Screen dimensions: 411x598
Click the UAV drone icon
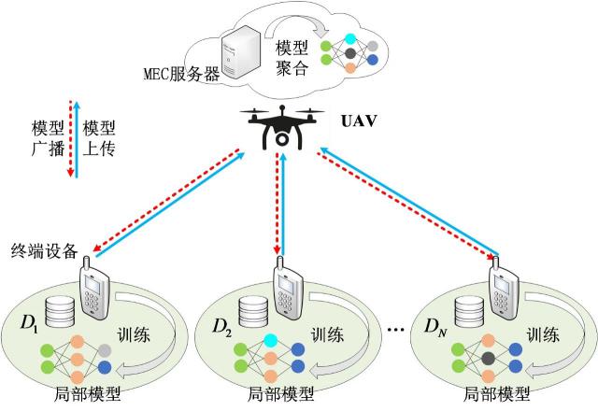[279, 126]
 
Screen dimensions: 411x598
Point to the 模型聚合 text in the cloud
[292, 58]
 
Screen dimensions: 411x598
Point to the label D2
[221, 327]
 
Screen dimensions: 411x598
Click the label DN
[435, 327]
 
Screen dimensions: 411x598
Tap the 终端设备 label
[41, 250]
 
